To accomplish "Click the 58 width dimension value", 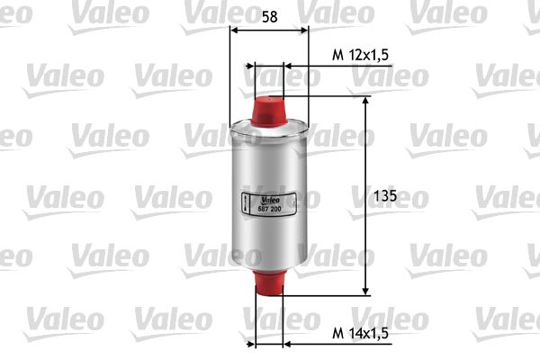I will click(269, 15).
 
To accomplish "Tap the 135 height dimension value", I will click(384, 195).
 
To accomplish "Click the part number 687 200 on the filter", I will click(270, 209).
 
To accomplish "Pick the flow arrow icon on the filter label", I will click(247, 203).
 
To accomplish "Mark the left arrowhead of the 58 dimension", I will click(236, 29).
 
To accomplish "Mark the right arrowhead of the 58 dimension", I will click(304, 29).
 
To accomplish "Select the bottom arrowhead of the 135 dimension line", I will click(365, 289).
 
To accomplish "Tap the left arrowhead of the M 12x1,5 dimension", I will click(259, 66).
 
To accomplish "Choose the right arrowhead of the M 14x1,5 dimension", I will click(286, 343).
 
